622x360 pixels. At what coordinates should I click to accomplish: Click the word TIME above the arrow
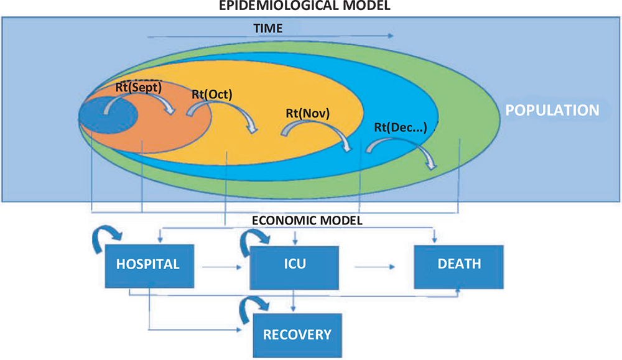pyautogui.click(x=267, y=28)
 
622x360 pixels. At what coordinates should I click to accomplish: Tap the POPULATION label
pyautogui.click(x=552, y=111)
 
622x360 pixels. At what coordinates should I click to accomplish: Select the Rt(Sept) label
pyautogui.click(x=139, y=88)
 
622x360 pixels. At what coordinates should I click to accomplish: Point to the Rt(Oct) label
pyautogui.click(x=212, y=95)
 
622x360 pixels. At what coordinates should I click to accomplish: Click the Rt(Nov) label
pyautogui.click(x=307, y=114)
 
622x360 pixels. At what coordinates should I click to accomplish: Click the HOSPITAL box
pyautogui.click(x=148, y=264)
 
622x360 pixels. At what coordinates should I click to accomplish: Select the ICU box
pyautogui.click(x=294, y=264)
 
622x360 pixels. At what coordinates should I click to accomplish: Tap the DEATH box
pyautogui.click(x=459, y=264)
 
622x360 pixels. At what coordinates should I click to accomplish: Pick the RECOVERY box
pyautogui.click(x=297, y=335)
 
